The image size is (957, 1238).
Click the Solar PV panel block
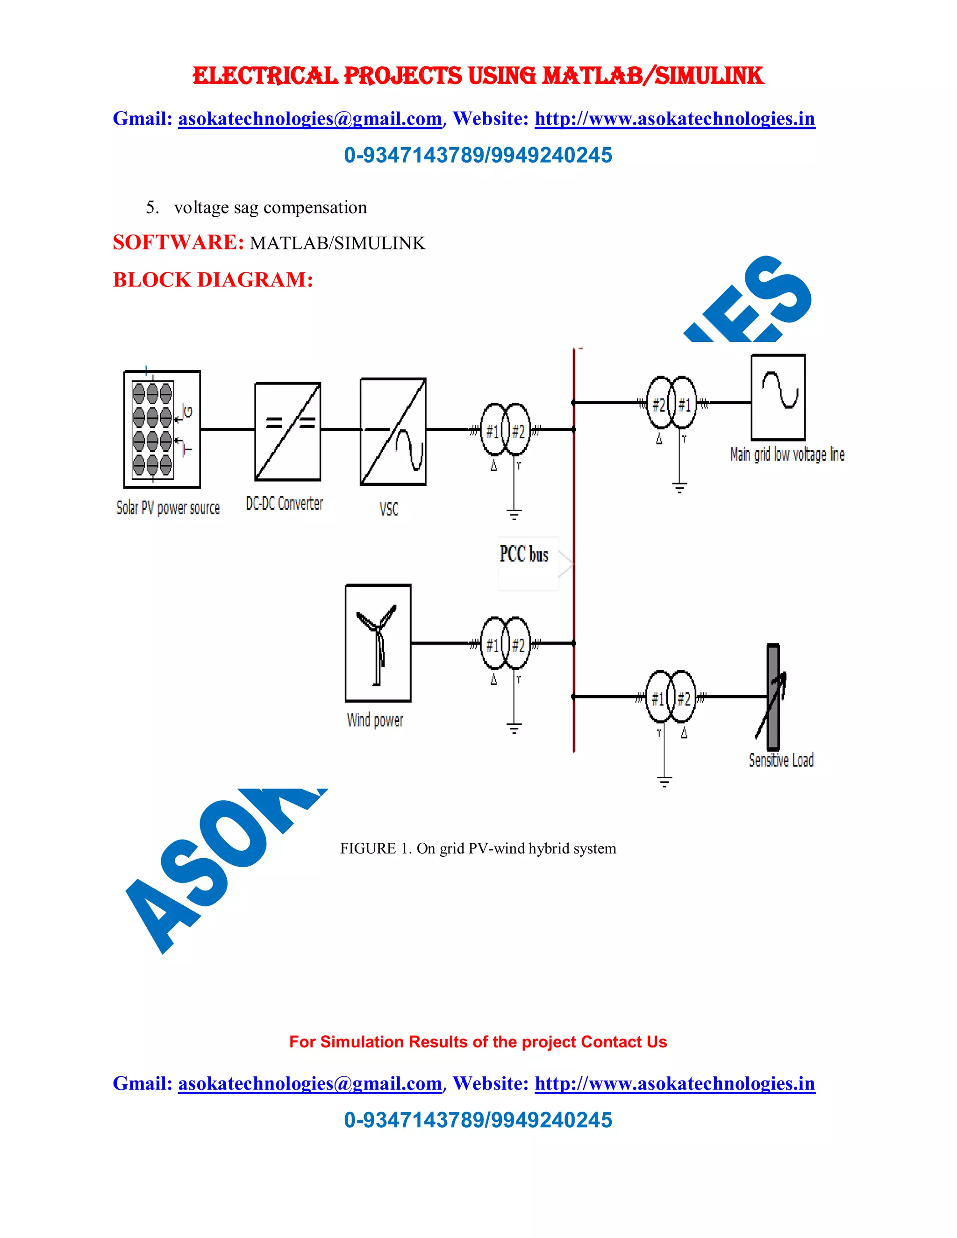(162, 429)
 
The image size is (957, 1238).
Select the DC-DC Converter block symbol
(287, 431)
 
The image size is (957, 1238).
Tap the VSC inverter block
(393, 431)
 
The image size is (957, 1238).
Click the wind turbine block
(378, 643)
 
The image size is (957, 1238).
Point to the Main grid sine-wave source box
(778, 398)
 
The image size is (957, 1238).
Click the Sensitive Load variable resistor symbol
(773, 697)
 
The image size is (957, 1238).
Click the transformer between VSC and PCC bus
(505, 430)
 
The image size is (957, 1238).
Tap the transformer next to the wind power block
(505, 643)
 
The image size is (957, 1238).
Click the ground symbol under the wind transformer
(514, 728)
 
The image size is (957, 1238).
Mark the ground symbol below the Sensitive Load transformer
(664, 782)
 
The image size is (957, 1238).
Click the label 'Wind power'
(375, 720)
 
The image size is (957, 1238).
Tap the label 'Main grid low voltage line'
(787, 454)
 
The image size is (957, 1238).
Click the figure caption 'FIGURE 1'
(478, 848)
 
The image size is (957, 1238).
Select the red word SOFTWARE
(178, 242)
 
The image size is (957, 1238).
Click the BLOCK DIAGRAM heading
(213, 280)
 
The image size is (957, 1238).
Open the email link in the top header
(309, 119)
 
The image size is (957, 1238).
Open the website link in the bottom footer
(675, 1083)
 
